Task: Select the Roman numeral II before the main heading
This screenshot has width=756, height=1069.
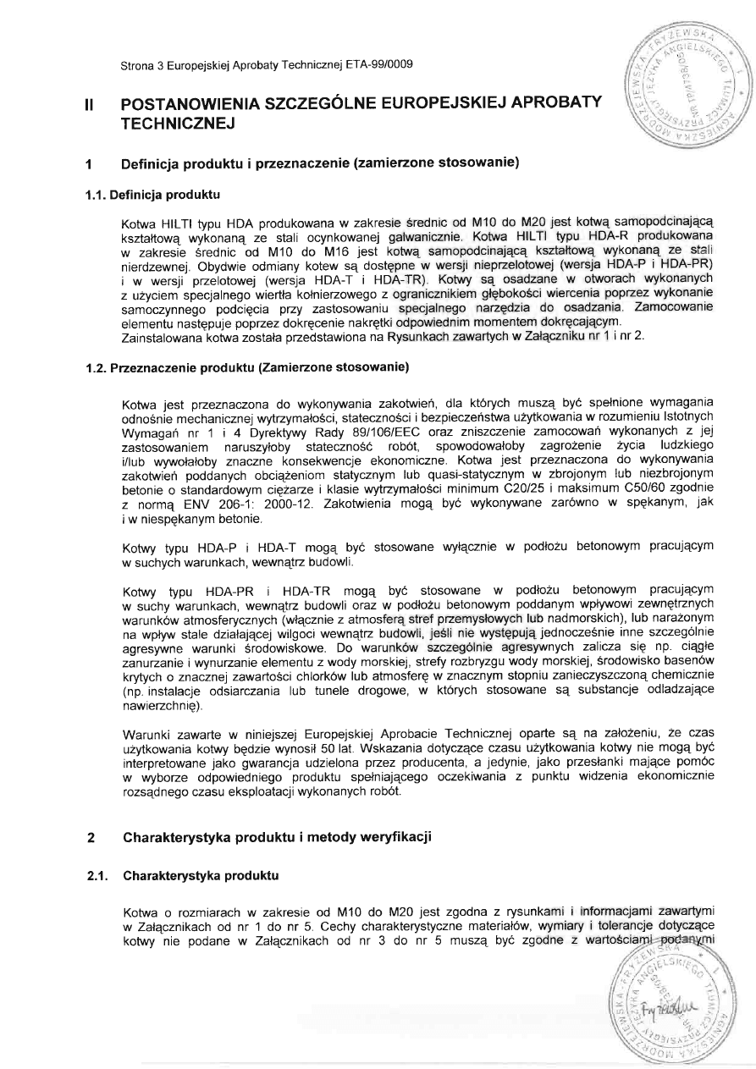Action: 89,105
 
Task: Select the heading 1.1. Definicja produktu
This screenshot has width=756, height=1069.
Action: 152,196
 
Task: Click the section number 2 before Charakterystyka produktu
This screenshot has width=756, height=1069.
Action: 90,838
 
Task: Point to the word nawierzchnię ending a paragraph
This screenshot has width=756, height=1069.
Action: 160,703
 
